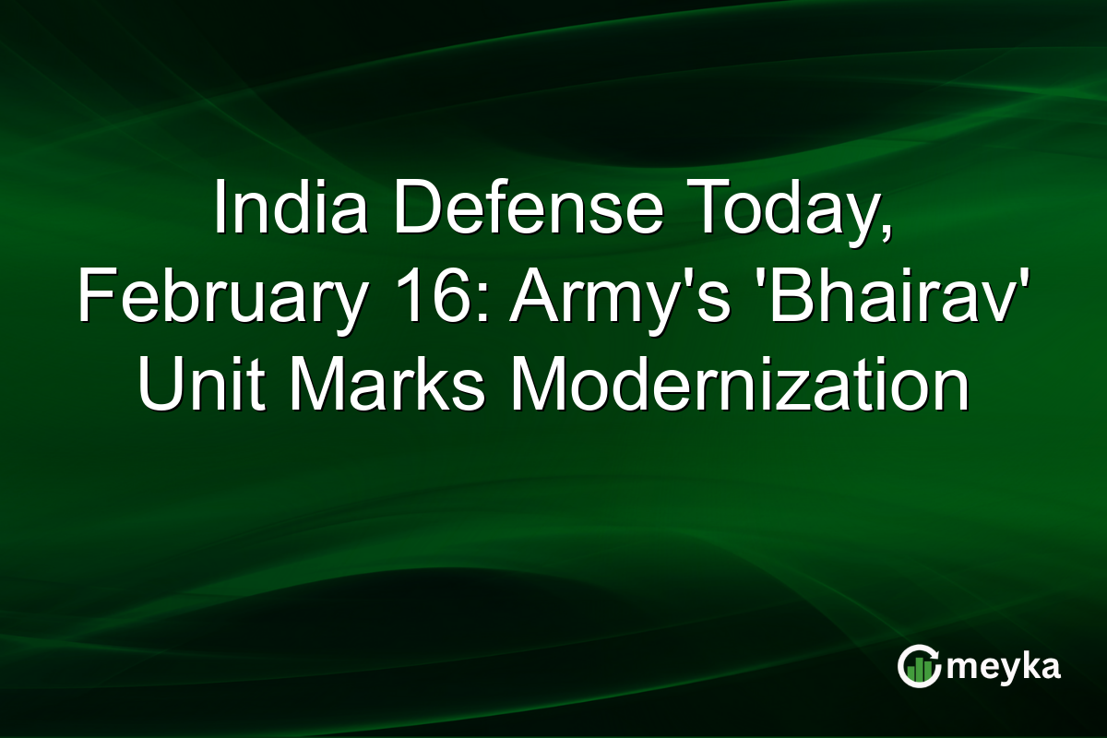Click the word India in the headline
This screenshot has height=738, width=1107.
pyautogui.click(x=277, y=208)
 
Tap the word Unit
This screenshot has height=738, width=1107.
pyautogui.click(x=194, y=386)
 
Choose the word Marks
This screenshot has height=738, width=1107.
pyautogui.click(x=387, y=386)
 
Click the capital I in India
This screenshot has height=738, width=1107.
pyautogui.click(x=220, y=208)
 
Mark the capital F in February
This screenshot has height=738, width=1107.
pyautogui.click(x=94, y=297)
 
